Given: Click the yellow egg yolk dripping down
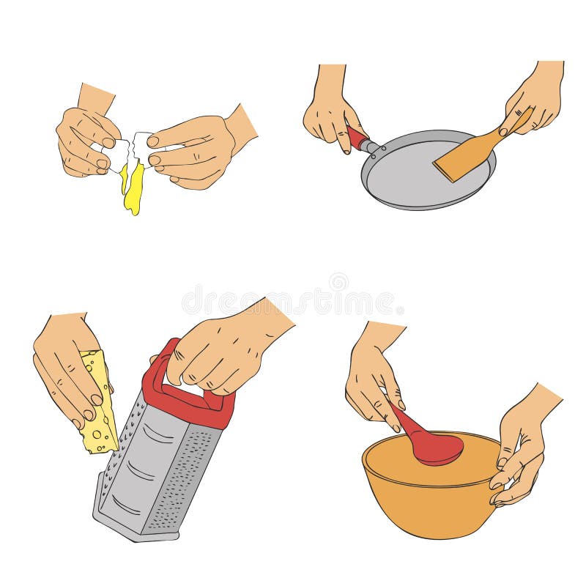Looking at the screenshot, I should coord(133,192).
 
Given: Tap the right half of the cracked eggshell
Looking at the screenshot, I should coord(141,150).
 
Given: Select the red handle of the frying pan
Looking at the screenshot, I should coord(357,138).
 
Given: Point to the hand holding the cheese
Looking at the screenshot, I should coord(66,366).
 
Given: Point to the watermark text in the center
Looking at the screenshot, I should coord(293,300).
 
